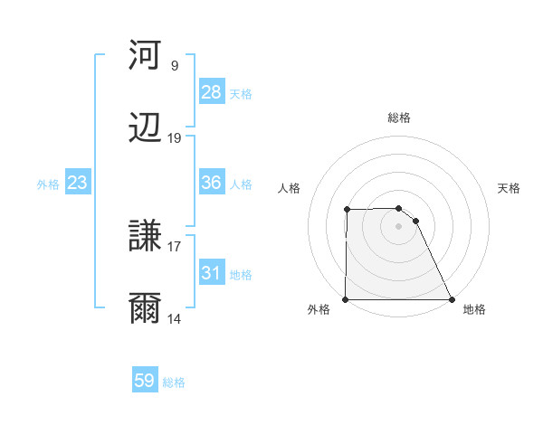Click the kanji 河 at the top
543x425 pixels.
click(x=146, y=56)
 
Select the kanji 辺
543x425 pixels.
click(x=146, y=128)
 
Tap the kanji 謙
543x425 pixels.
click(x=146, y=237)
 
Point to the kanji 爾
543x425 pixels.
click(x=146, y=309)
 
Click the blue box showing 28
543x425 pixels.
click(x=211, y=92)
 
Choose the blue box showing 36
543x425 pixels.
click(x=211, y=184)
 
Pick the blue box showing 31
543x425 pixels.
click(x=211, y=274)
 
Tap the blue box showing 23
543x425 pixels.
click(x=77, y=184)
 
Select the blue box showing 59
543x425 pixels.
click(x=144, y=381)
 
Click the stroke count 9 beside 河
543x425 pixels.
click(x=175, y=66)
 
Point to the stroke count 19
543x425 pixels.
click(x=175, y=138)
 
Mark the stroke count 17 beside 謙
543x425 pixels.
click(x=175, y=246)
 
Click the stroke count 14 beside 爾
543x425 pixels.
click(x=175, y=318)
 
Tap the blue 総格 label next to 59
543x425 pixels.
click(x=174, y=382)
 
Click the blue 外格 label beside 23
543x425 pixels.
click(x=48, y=184)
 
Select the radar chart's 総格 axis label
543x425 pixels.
click(x=398, y=118)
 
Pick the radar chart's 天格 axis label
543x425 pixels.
click(x=509, y=188)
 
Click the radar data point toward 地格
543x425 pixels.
click(x=451, y=299)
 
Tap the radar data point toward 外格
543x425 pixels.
click(x=346, y=299)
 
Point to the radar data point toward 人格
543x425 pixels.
click(x=347, y=210)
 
